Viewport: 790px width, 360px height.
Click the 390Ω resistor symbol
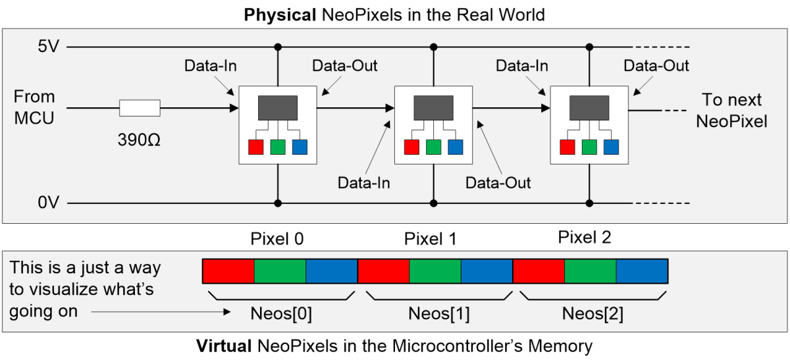click(140, 108)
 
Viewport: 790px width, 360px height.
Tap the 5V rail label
click(49, 46)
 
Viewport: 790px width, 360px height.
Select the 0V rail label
click(49, 203)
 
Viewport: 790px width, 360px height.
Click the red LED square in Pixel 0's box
click(255, 147)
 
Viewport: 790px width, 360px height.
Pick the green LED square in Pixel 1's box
click(433, 147)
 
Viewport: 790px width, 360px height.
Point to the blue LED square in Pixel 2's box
click(611, 147)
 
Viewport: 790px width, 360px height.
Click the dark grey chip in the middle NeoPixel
click(433, 108)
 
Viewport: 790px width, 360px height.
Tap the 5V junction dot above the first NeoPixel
click(278, 47)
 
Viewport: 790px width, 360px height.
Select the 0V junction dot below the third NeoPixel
click(589, 203)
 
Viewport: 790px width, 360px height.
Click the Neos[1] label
click(439, 313)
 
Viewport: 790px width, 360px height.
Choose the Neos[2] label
click(593, 313)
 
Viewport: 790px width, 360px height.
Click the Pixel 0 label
click(277, 239)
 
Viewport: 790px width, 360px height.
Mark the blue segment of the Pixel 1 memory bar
click(487, 271)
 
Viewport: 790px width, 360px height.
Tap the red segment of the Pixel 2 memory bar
click(539, 271)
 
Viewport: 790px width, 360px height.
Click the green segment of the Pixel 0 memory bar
click(280, 271)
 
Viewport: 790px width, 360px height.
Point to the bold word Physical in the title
click(280, 15)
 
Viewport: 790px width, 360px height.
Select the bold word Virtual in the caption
click(224, 346)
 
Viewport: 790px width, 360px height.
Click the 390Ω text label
click(139, 140)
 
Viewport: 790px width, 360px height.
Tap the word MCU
click(34, 118)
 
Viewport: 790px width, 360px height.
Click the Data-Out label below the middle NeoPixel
click(498, 183)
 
